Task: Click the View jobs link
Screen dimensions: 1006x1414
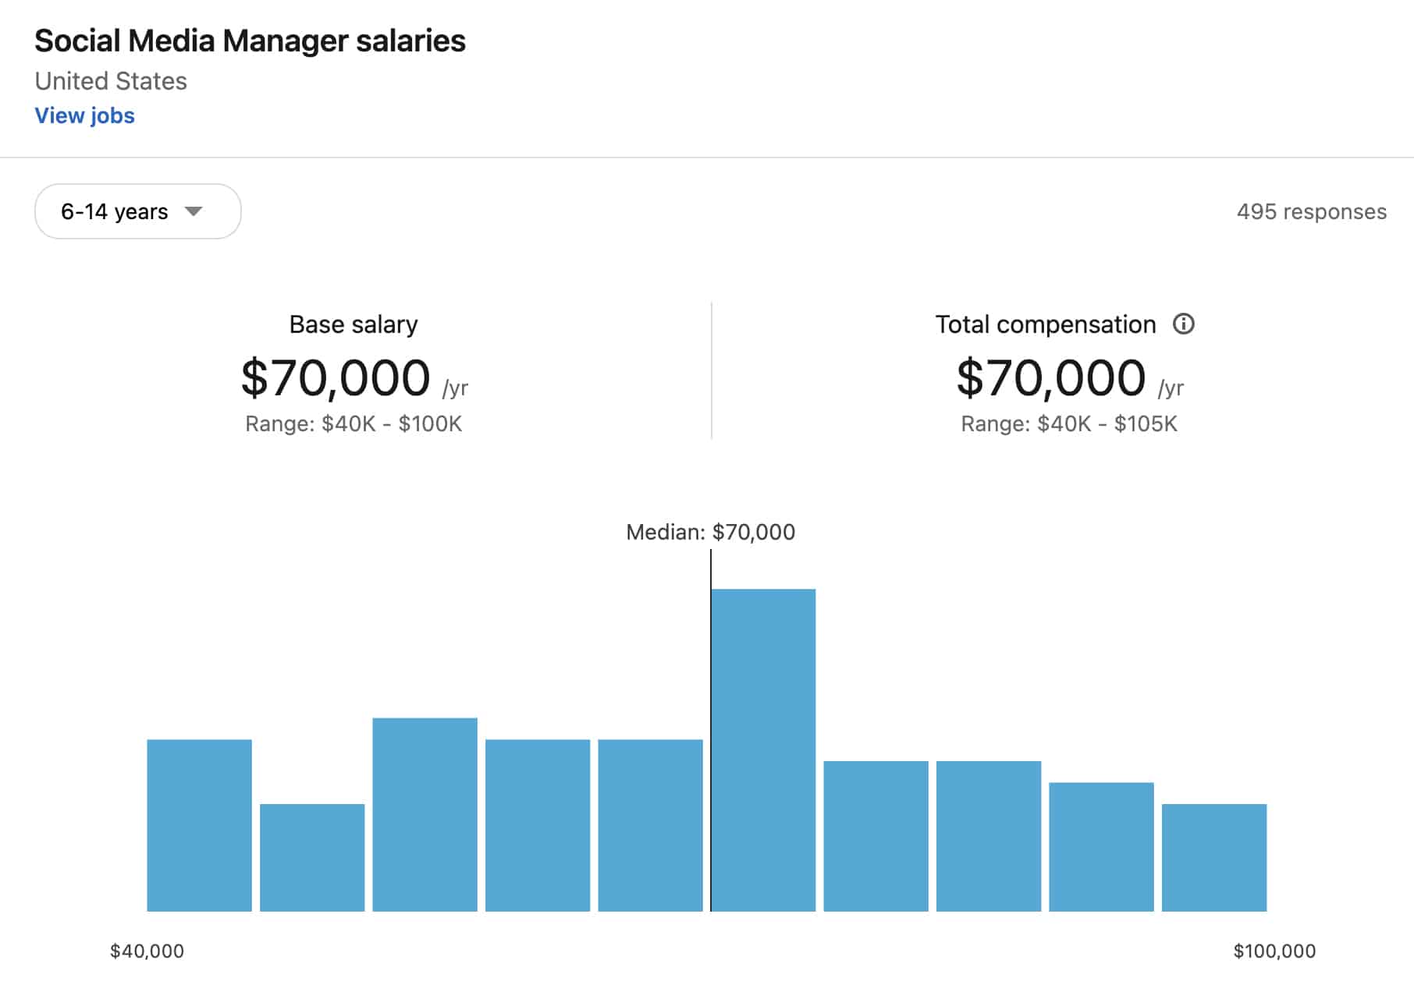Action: pos(84,115)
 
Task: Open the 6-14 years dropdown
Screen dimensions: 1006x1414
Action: pos(137,211)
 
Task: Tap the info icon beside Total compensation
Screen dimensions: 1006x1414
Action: pos(1183,324)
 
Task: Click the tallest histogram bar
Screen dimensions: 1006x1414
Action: pos(763,749)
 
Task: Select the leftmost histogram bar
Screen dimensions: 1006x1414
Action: pos(199,825)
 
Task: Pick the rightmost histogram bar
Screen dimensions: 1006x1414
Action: pos(1213,857)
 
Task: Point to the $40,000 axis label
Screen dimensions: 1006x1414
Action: pos(147,951)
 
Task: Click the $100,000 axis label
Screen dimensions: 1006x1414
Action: pos(1274,951)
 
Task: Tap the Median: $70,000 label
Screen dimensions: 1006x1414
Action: pos(710,532)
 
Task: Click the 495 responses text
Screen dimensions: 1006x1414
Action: pos(1311,211)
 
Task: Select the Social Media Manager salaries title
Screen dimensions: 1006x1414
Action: pos(250,41)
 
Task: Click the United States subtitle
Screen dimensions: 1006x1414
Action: pos(111,81)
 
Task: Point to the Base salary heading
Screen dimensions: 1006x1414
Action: pos(353,324)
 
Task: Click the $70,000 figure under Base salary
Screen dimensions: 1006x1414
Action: pos(336,378)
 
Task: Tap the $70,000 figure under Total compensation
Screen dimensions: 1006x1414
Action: pos(1050,378)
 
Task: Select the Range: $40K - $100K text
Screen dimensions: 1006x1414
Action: pos(353,423)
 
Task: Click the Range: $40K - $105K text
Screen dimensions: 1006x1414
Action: pos(1068,423)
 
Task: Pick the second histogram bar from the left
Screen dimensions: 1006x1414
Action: pos(312,857)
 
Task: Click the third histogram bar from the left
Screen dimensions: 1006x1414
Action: pos(425,814)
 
